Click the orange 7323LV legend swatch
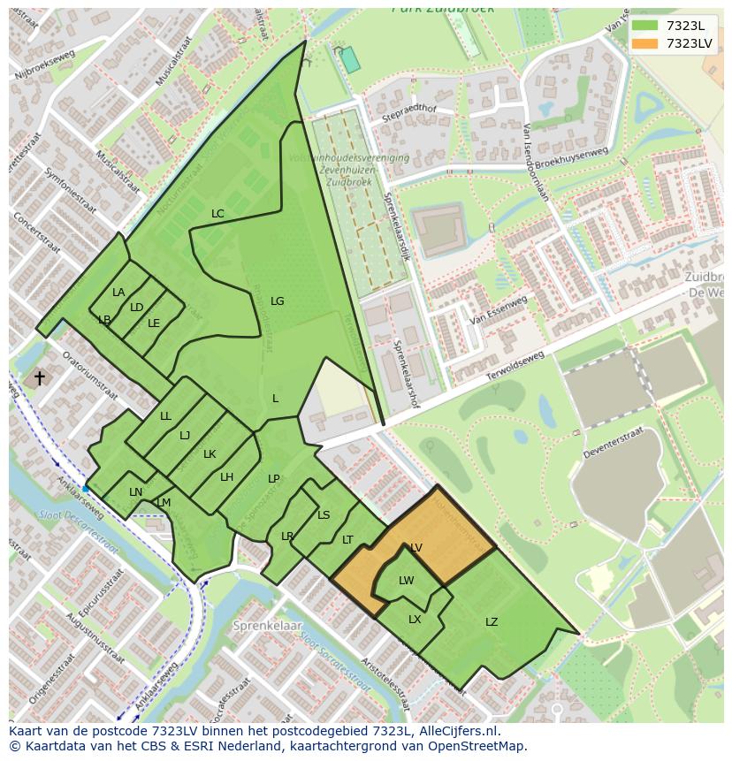pyautogui.click(x=645, y=43)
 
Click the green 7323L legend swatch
pyautogui.click(x=645, y=26)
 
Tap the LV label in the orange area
pyautogui.click(x=416, y=548)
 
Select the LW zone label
pyautogui.click(x=406, y=581)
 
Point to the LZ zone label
pyautogui.click(x=492, y=622)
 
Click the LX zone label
pyautogui.click(x=415, y=620)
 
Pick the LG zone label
pyautogui.click(x=277, y=301)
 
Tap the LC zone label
pyautogui.click(x=217, y=214)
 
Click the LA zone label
pyautogui.click(x=118, y=293)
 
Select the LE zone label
pyautogui.click(x=154, y=323)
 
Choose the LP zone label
pyautogui.click(x=273, y=479)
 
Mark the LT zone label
pyautogui.click(x=347, y=540)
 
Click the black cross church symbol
pyautogui.click(x=39, y=378)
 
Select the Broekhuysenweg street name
pyautogui.click(x=572, y=164)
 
